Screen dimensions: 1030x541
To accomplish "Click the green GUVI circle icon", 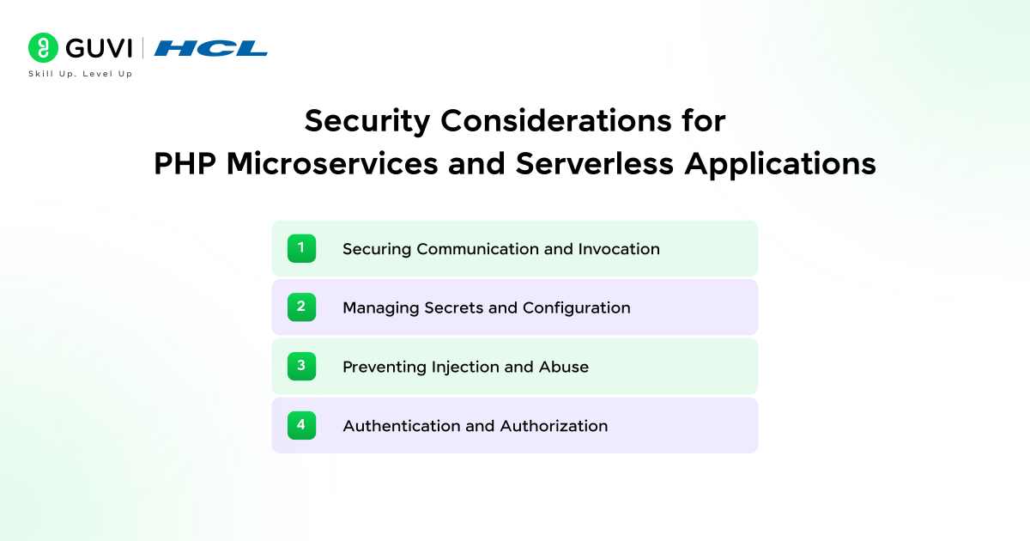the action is (x=43, y=47).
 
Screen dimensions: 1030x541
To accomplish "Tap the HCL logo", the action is (x=210, y=48).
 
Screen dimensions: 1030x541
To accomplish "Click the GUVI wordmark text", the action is (x=99, y=48).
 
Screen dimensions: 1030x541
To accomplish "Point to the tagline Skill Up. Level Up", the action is (x=81, y=74).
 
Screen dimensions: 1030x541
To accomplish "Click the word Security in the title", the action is (x=367, y=122).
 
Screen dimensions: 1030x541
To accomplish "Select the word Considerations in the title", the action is (x=556, y=120).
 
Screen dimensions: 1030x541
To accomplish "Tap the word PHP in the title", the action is (x=185, y=163).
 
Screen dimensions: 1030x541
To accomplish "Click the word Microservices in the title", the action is (x=332, y=164).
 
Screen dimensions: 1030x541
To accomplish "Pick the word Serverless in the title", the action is (x=595, y=164).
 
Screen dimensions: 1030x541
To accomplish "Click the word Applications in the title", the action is (x=780, y=165).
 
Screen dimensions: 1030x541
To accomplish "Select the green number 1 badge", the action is (x=301, y=248).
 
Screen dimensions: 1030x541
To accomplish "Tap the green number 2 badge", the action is (x=301, y=307).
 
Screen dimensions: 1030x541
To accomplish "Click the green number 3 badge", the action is (x=301, y=366).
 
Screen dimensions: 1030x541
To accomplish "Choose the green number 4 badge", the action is (x=301, y=425).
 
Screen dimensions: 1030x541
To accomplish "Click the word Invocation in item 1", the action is (x=619, y=249).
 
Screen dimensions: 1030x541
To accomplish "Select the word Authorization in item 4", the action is (x=554, y=426).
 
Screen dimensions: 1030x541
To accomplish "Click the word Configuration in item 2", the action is (x=577, y=308).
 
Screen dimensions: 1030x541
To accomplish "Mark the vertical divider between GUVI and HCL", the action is (x=142, y=48).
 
